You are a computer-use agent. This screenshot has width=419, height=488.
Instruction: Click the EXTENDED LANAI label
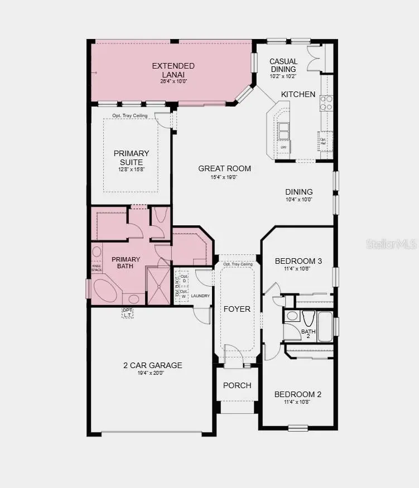pos(173,70)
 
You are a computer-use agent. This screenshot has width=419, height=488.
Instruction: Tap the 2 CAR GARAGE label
pos(152,365)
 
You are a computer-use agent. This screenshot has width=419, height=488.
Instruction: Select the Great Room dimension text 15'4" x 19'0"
pos(224,177)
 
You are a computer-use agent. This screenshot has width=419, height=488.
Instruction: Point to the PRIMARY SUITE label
pos(131,157)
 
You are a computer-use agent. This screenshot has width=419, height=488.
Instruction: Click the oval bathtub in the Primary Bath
pos(108,291)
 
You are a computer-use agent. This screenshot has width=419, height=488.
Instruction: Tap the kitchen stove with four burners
pos(326,103)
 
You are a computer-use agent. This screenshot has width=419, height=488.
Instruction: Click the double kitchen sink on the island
pos(284,131)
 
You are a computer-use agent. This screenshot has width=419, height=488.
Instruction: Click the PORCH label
pos(237,385)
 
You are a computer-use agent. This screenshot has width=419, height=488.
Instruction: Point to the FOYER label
pos(237,308)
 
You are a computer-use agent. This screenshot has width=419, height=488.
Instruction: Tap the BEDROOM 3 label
pos(298,260)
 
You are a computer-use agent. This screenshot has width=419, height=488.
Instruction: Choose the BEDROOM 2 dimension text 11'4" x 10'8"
pos(298,403)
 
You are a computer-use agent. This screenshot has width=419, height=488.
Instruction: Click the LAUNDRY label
pos(200,296)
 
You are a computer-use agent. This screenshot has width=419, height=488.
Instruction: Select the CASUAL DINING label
pos(283,65)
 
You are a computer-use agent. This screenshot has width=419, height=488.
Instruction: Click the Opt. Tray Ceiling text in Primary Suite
pos(130,115)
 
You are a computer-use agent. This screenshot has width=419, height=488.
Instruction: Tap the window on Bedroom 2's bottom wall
pos(298,428)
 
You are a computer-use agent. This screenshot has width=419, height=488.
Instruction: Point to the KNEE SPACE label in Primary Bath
pos(97,268)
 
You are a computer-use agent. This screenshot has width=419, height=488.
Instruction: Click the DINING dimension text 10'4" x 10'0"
pos(298,199)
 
